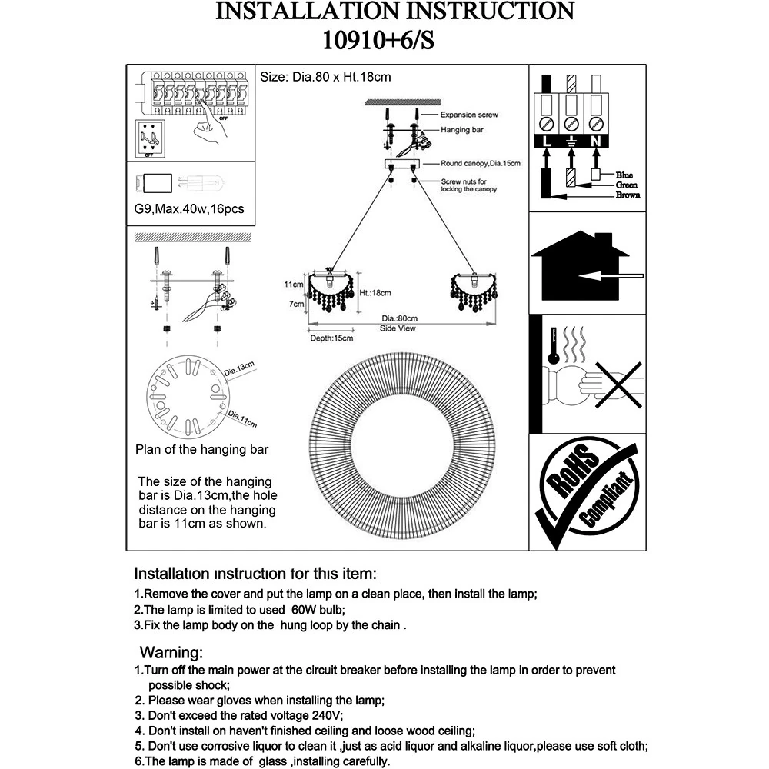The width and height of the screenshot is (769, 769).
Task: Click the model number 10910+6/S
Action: pyautogui.click(x=382, y=40)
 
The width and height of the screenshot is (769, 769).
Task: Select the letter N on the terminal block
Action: pyautogui.click(x=596, y=142)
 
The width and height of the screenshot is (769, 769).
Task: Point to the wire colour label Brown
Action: pyautogui.click(x=628, y=195)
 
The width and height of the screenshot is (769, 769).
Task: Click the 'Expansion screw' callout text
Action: pyautogui.click(x=469, y=115)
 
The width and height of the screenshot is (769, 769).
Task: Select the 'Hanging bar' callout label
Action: pyautogui.click(x=461, y=131)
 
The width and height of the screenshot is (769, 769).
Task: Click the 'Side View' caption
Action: pyautogui.click(x=398, y=328)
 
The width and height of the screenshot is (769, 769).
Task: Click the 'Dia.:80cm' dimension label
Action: pyautogui.click(x=399, y=318)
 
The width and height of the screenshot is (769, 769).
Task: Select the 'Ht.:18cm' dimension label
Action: pyautogui.click(x=375, y=293)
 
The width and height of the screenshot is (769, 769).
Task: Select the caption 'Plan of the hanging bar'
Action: pyautogui.click(x=201, y=450)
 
